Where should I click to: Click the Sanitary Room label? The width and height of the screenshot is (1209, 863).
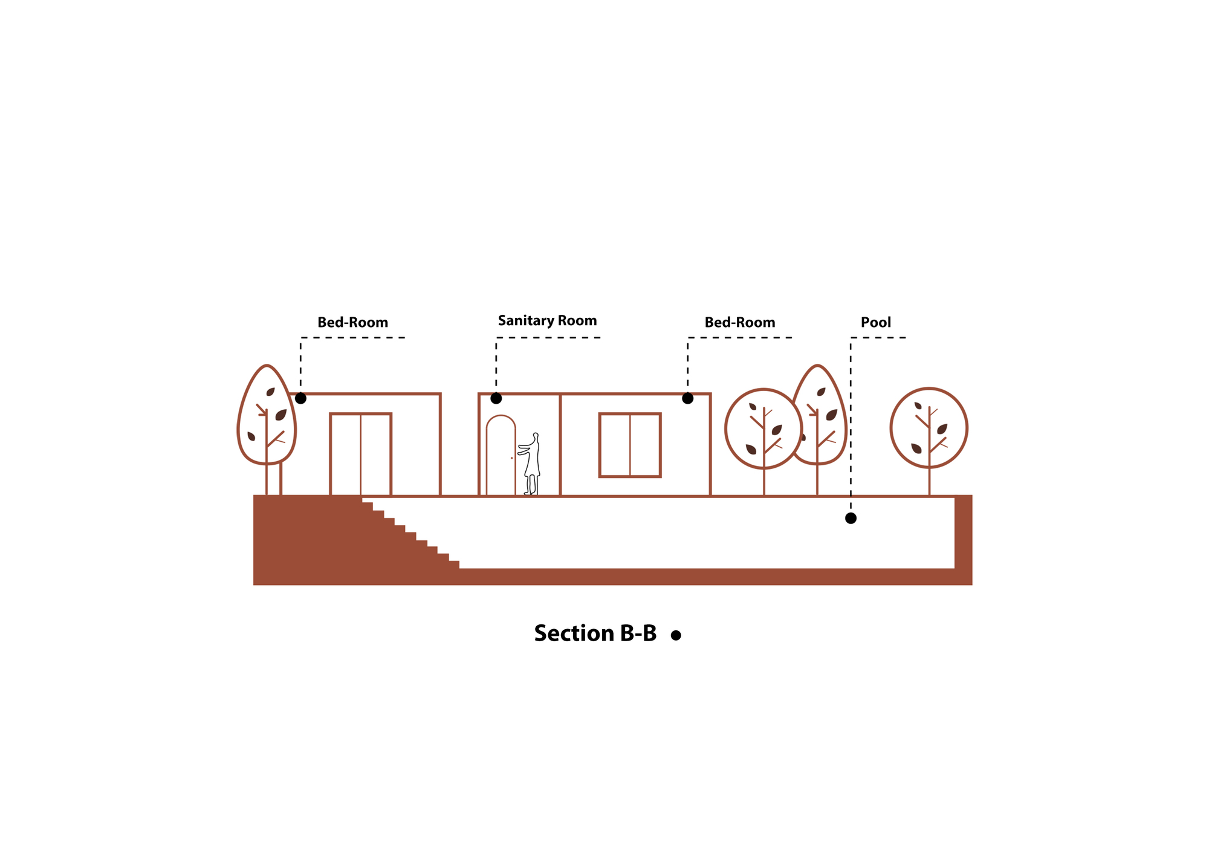point(547,321)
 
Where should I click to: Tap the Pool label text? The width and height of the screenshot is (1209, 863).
point(876,322)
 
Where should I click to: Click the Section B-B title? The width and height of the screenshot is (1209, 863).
point(595,633)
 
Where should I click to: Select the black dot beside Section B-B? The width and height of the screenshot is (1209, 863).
point(676,635)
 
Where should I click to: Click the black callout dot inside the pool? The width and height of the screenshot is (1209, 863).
point(851,518)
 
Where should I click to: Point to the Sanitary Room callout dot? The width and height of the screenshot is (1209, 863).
point(496,398)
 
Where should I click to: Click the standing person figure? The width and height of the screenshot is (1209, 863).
point(530,464)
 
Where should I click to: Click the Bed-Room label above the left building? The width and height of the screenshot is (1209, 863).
point(353,322)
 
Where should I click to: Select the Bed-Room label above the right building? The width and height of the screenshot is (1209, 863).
point(740,322)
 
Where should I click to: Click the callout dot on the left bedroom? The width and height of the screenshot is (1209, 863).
point(300,398)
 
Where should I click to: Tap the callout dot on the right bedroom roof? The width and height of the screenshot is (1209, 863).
point(687,398)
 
